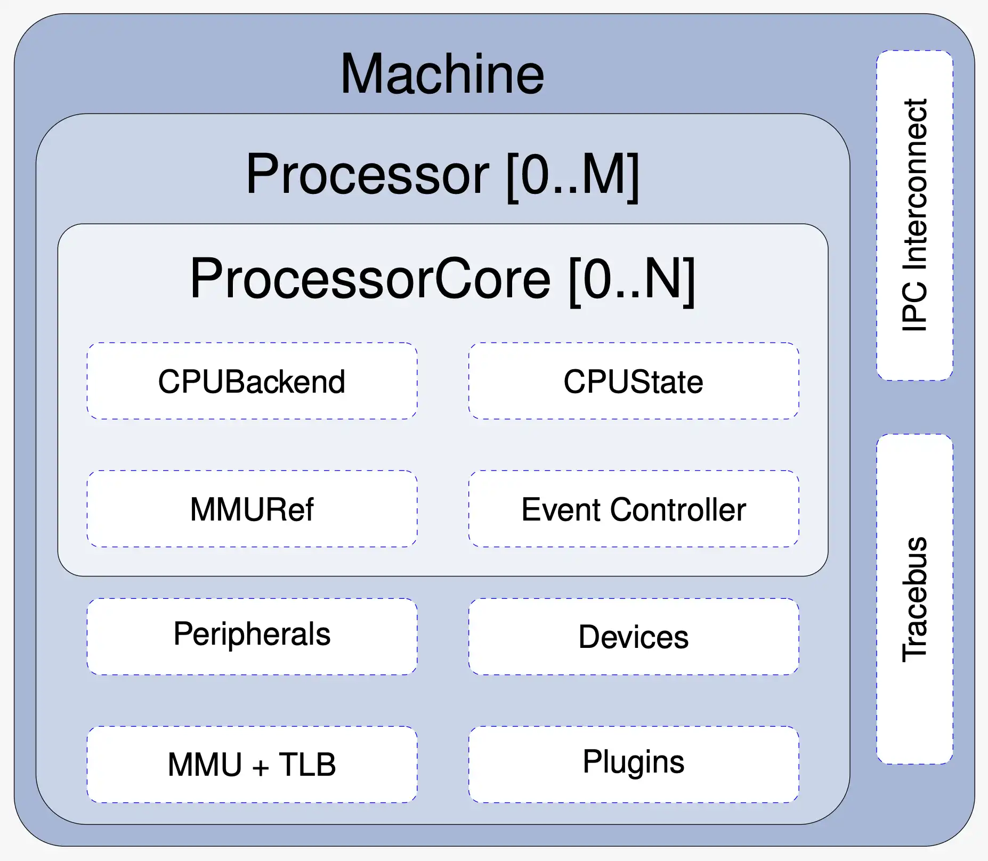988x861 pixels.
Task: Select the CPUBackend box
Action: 252,381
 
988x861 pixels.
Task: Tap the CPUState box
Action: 633,381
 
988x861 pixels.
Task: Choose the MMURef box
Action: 252,509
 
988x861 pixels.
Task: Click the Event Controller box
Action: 633,509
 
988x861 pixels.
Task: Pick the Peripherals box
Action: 252,636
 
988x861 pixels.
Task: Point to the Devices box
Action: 633,636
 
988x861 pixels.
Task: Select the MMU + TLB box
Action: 252,764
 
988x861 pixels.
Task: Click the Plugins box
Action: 633,764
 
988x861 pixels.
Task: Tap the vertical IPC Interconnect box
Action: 914,215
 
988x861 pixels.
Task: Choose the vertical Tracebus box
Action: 914,599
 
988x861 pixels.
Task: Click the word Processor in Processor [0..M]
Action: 367,175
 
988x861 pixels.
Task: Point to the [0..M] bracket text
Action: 572,175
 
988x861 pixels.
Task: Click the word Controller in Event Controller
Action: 678,509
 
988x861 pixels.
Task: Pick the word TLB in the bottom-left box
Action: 307,765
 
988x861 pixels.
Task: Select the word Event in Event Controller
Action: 562,509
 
